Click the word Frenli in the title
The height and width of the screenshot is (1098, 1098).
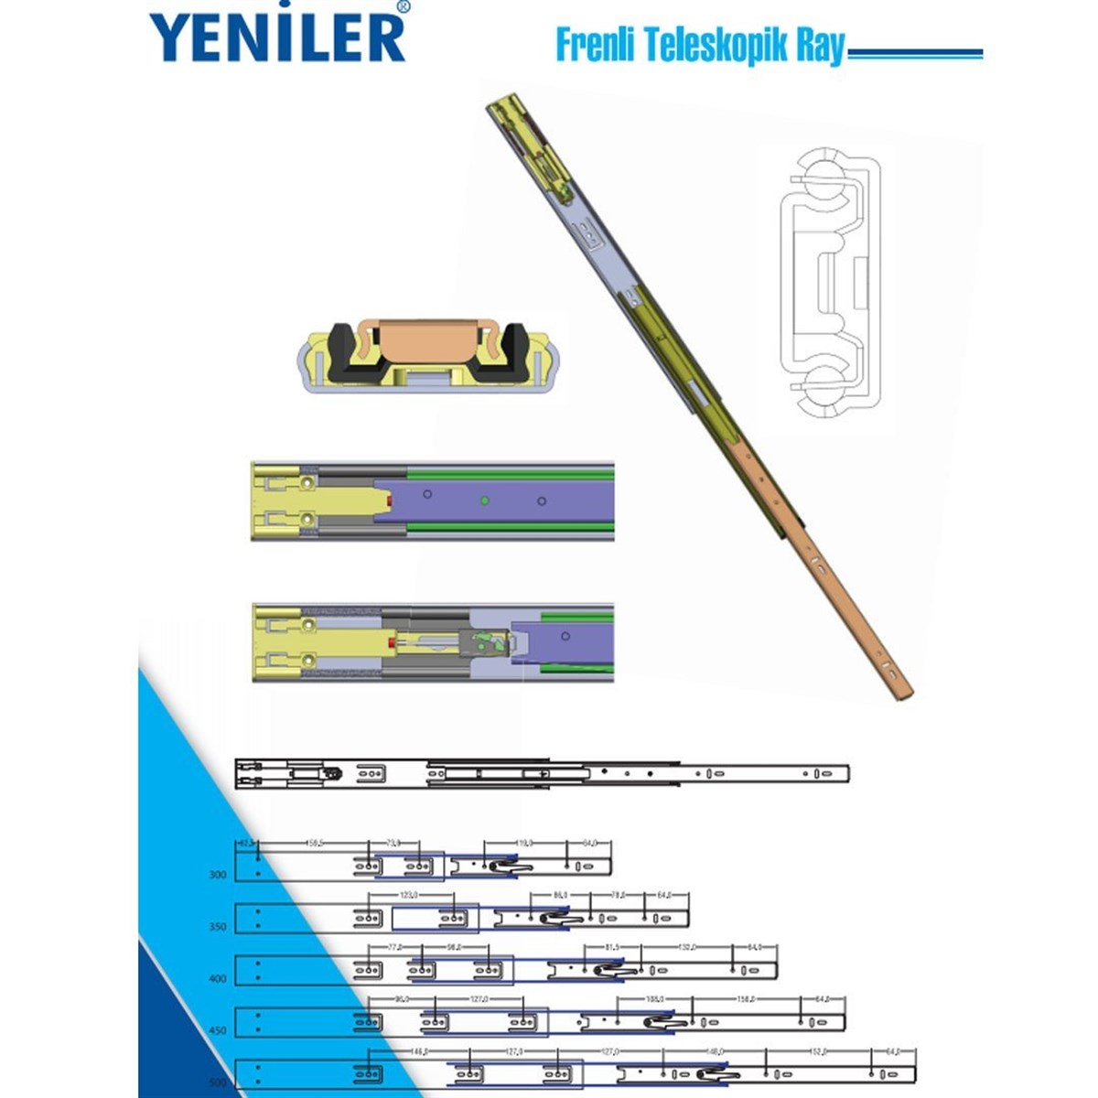click(591, 45)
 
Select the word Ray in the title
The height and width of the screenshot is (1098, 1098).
click(819, 47)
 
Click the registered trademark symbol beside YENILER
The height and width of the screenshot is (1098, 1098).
click(404, 7)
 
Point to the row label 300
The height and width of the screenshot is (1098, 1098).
click(218, 875)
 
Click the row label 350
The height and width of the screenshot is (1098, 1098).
click(218, 927)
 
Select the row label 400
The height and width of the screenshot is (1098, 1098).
click(218, 979)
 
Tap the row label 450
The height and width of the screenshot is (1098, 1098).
click(218, 1031)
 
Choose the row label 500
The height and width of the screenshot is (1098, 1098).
click(218, 1082)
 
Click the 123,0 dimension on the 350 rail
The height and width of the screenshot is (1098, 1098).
click(409, 895)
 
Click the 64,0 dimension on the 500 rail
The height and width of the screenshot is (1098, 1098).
click(893, 1051)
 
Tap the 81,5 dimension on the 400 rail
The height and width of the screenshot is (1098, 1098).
click(613, 947)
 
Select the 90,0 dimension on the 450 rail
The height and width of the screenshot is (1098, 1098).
click(400, 999)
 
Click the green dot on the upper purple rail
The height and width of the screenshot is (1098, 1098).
click(484, 501)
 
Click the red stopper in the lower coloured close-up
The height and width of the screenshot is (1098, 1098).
click(391, 643)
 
